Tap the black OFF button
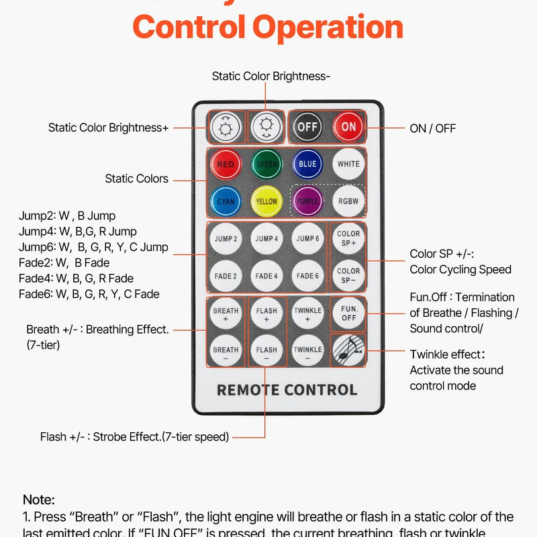(x=308, y=126)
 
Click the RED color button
(x=226, y=164)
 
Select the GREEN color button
(x=266, y=164)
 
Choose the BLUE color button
(x=307, y=164)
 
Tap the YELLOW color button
(x=266, y=201)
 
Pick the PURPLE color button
(x=307, y=201)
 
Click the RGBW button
(x=348, y=201)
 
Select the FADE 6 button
(x=307, y=276)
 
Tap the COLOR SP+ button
(x=348, y=238)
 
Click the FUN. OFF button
(x=348, y=313)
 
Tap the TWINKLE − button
(x=307, y=350)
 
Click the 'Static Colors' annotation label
(x=136, y=179)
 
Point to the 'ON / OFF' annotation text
(x=432, y=128)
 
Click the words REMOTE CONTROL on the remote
(x=287, y=390)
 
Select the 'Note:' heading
(x=39, y=499)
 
